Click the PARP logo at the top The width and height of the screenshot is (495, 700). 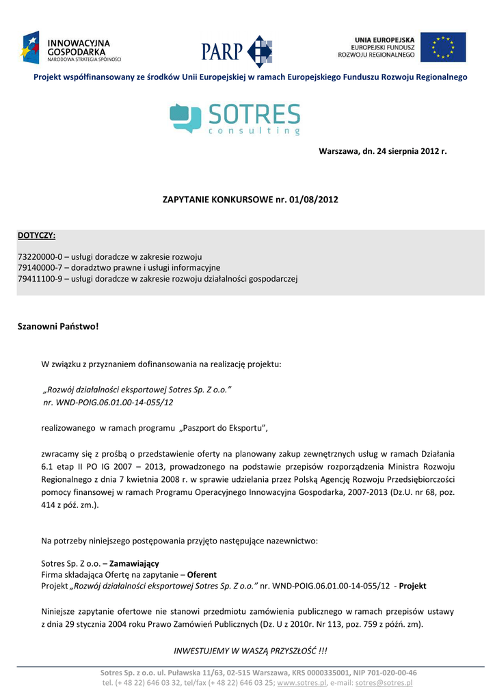(237, 51)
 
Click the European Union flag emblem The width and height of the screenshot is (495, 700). (443, 47)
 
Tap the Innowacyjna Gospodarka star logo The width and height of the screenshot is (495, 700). (31, 47)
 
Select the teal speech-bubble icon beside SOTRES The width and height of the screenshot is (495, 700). (185, 118)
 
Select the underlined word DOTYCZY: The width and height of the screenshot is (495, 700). (36, 236)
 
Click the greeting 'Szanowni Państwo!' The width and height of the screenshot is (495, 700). (58, 327)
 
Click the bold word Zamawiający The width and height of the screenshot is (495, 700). (134, 563)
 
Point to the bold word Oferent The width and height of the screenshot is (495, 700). (202, 575)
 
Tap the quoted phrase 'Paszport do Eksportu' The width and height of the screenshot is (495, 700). (223, 428)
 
